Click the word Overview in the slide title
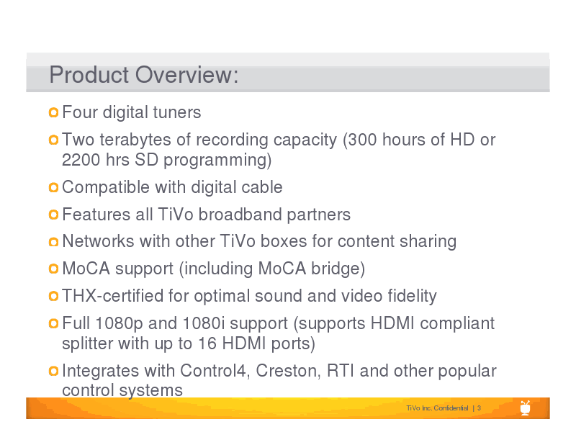point(186,75)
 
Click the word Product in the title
point(89,75)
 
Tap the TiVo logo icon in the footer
point(526,408)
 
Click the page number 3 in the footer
point(479,408)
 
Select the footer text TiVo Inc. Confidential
point(437,408)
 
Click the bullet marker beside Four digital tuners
point(53,112)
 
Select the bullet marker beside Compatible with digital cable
point(53,187)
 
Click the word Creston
point(286,371)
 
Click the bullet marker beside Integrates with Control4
point(53,371)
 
